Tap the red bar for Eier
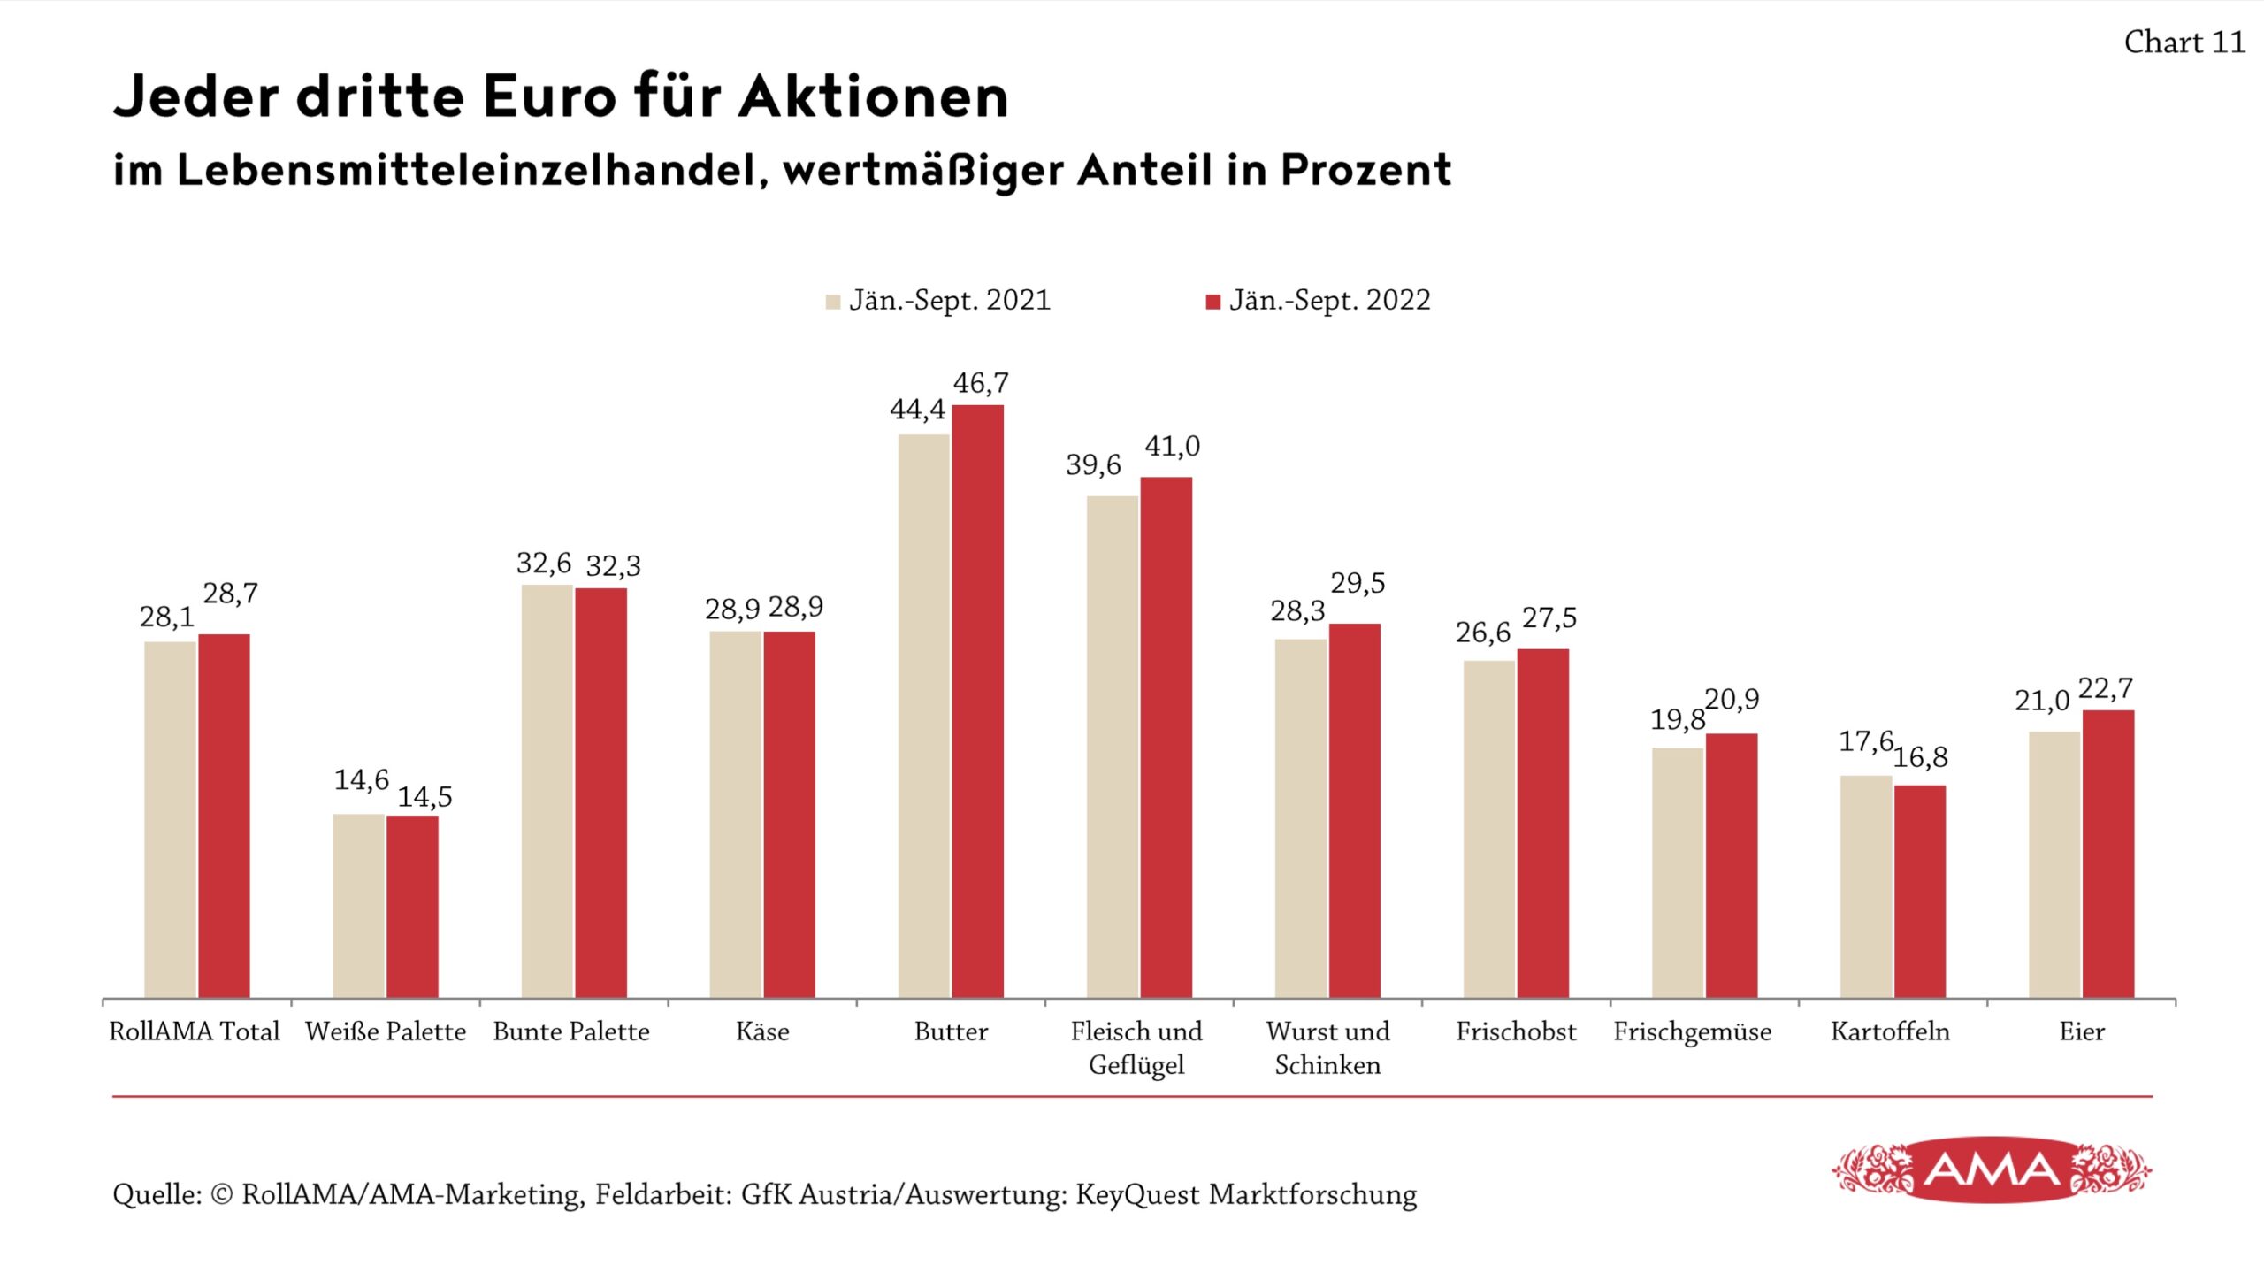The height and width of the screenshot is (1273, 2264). [x=2107, y=854]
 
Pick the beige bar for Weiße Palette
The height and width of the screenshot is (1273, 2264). [x=359, y=906]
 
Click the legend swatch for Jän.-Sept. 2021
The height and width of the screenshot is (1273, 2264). [x=832, y=302]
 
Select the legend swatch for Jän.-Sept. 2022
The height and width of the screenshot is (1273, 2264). [x=1212, y=302]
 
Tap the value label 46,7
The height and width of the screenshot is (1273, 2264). [x=980, y=383]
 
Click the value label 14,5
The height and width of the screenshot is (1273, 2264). [x=424, y=797]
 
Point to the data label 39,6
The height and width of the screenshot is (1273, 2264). [x=1093, y=464]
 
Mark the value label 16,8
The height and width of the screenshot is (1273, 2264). [x=1920, y=757]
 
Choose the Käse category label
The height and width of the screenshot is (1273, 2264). [x=762, y=1031]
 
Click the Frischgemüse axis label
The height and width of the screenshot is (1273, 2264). [x=1692, y=1031]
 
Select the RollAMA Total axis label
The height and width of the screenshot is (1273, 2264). [x=194, y=1031]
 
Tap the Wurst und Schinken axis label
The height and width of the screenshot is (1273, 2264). [x=1327, y=1048]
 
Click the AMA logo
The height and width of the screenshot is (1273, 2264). [x=1992, y=1170]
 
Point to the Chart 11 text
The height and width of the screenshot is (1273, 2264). [x=2184, y=42]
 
